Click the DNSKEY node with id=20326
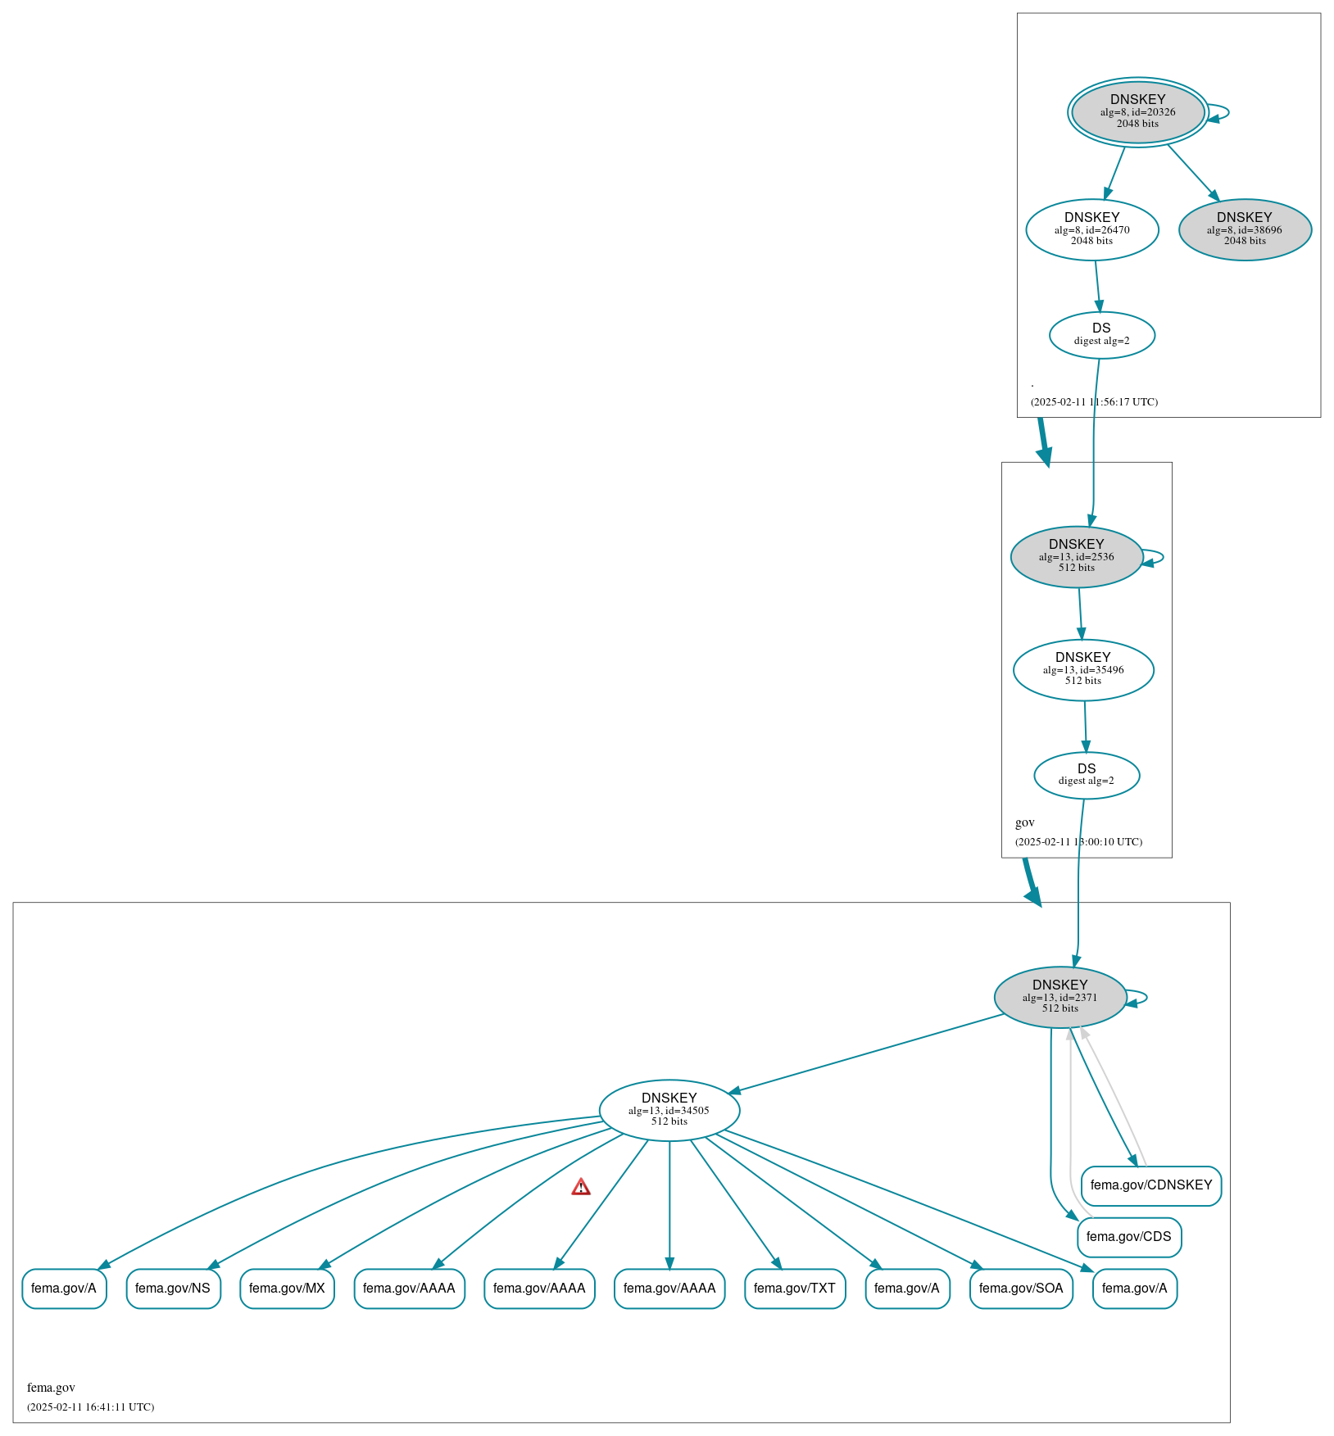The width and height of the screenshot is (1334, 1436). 1137,112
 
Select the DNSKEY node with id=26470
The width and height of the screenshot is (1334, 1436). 1091,229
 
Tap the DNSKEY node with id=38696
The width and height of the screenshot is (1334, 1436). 1245,229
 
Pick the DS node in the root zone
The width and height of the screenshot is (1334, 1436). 1101,334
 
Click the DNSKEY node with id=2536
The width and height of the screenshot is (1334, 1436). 1076,556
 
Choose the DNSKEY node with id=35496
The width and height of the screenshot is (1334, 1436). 1082,669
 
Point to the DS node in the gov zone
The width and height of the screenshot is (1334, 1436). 1086,775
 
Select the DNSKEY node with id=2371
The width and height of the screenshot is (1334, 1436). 1059,997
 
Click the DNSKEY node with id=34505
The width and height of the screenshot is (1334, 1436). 669,1110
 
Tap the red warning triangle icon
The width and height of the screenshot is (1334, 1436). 581,1187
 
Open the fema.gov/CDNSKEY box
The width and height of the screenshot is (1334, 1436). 1150,1185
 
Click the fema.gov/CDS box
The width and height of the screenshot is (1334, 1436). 1128,1237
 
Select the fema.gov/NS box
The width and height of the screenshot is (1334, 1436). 173,1289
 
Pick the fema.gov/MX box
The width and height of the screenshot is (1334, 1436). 287,1289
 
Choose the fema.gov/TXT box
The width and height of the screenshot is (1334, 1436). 794,1289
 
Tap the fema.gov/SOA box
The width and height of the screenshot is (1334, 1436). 1020,1289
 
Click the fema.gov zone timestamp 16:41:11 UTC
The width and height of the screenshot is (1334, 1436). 90,1407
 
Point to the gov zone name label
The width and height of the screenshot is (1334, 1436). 1024,822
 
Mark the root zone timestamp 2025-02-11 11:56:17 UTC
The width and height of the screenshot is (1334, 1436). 1094,402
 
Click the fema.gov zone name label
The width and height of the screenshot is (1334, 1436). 51,1388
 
